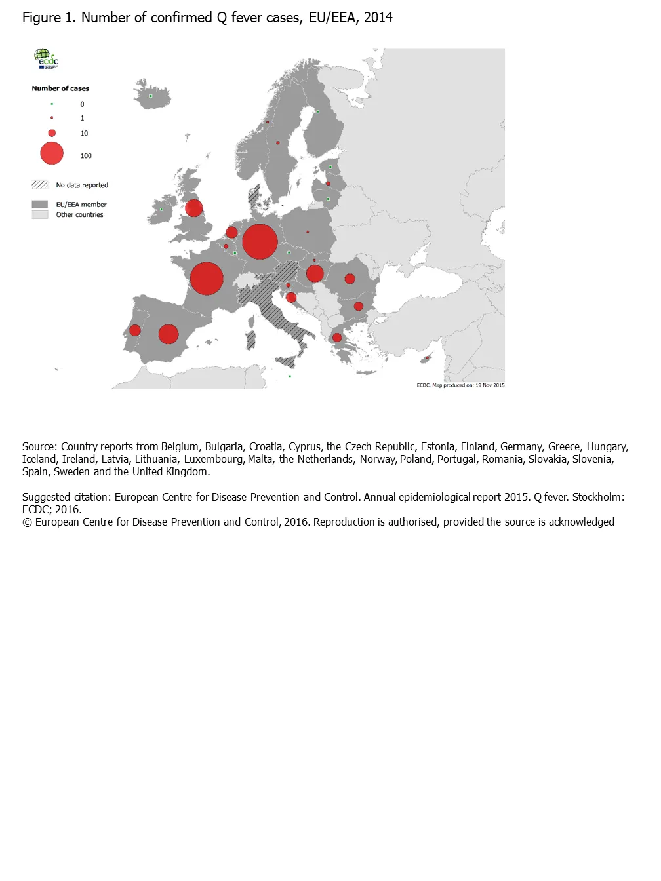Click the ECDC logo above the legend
pos(46,58)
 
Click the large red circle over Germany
pos(260,241)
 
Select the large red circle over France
pos(207,279)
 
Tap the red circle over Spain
pos(169,334)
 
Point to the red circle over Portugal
pos(135,330)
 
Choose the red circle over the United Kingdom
pos(193,208)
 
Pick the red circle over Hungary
pos(315,273)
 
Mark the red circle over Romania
pos(350,279)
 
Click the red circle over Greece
pos(337,338)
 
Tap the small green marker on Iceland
pos(151,96)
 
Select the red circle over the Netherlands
pos(231,232)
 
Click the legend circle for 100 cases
pos(52,153)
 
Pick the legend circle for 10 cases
pos(52,133)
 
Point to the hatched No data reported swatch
pos(40,185)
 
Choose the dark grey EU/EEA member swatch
pos(40,205)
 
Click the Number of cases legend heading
pos(60,88)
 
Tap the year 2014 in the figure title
pos(378,18)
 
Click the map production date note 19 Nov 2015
pos(490,385)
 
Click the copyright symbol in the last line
pos(27,522)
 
